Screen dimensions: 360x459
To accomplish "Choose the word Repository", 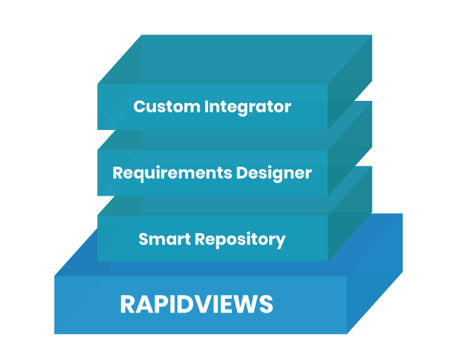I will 239,240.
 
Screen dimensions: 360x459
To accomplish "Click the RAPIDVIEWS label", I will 196,305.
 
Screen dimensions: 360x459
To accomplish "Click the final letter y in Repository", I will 281,242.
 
